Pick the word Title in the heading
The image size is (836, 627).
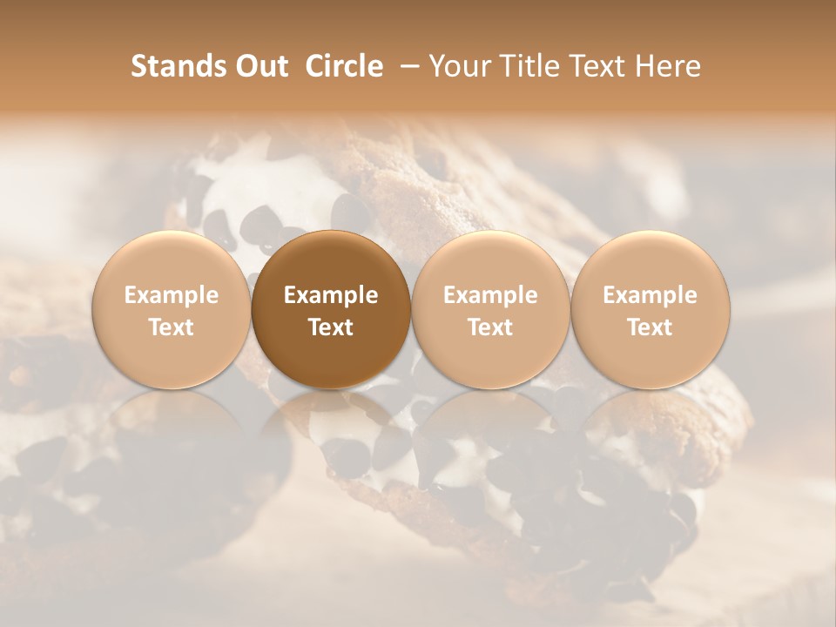[529, 66]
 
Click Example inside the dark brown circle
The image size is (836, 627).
[331, 295]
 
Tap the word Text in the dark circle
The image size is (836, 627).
[331, 327]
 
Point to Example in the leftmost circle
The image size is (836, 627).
[171, 295]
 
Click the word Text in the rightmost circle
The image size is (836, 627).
[650, 327]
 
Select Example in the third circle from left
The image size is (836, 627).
[490, 295]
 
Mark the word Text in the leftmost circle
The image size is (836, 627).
[171, 327]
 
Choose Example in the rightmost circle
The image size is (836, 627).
[650, 295]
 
